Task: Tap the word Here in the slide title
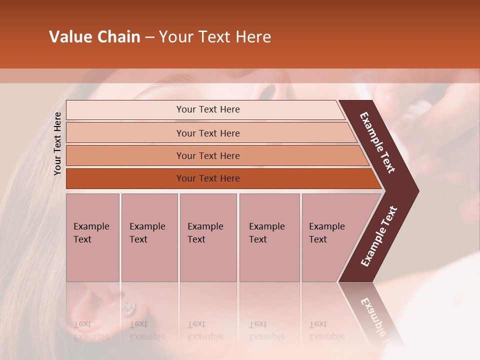coord(253,37)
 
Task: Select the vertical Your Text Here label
coord(57,143)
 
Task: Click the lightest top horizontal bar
coord(205,109)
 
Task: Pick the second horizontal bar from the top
coord(208,133)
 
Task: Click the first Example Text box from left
coord(92,237)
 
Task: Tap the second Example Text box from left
coord(149,237)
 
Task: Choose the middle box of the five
coord(208,237)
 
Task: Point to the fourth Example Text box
coord(269,237)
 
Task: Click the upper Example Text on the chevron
coord(378,142)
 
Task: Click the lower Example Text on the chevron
coord(379,236)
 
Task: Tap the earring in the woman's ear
coord(128,306)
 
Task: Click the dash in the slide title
coord(149,37)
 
